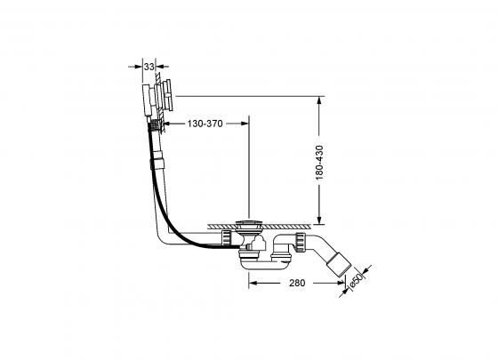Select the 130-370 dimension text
tap(205, 124)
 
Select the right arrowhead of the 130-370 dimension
tap(245, 124)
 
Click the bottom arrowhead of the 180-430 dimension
tap(318, 220)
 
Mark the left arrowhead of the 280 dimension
tap(250, 284)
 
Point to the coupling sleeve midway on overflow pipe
tap(159, 164)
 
